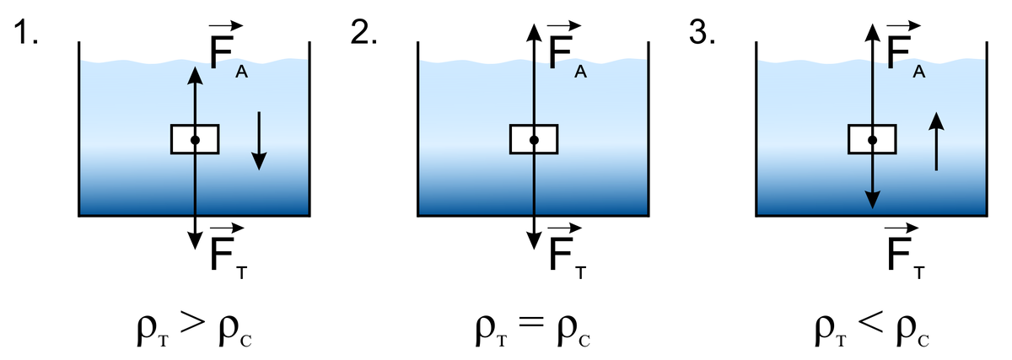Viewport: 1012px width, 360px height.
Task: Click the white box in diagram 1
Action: pyautogui.click(x=195, y=139)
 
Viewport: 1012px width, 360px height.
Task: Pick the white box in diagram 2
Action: pyautogui.click(x=534, y=139)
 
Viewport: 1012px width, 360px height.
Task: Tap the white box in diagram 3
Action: pyautogui.click(x=872, y=139)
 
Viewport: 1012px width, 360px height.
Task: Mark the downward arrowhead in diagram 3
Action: pyautogui.click(x=872, y=201)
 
